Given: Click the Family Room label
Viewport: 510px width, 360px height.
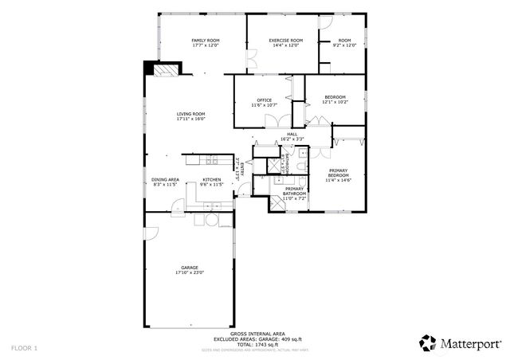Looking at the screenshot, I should click(x=206, y=41).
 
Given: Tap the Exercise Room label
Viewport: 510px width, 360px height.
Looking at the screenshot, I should click(x=285, y=41).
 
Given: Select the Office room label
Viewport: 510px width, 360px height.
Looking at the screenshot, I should click(x=264, y=100).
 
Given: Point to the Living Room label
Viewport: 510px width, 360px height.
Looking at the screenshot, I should click(x=191, y=114).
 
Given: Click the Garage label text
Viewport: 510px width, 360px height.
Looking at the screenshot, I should click(x=190, y=268).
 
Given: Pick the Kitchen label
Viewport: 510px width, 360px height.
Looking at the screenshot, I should click(x=211, y=180).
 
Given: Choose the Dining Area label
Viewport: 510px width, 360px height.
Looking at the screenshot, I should click(x=165, y=180).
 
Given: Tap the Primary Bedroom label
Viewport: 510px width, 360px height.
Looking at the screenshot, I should click(x=339, y=173).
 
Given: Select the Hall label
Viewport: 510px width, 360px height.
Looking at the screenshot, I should click(x=292, y=134).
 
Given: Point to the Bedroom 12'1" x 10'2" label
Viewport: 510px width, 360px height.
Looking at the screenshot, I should click(x=335, y=97).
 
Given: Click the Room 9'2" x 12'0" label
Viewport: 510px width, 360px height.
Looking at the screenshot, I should click(x=344, y=41).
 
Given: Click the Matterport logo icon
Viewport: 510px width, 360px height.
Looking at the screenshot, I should click(x=428, y=343).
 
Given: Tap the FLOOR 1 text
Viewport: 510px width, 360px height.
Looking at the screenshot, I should click(x=24, y=348).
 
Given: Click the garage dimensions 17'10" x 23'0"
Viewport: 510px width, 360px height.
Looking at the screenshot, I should click(x=190, y=273).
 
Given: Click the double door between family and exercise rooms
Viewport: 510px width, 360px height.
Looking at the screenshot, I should click(x=251, y=59).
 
